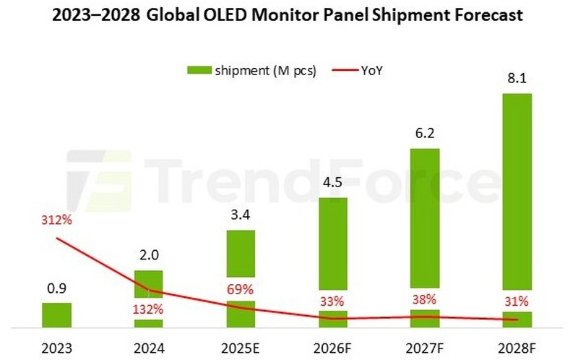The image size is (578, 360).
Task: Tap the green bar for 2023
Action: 56,314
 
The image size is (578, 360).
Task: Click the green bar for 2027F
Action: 425,217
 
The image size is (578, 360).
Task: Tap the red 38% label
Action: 425,301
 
